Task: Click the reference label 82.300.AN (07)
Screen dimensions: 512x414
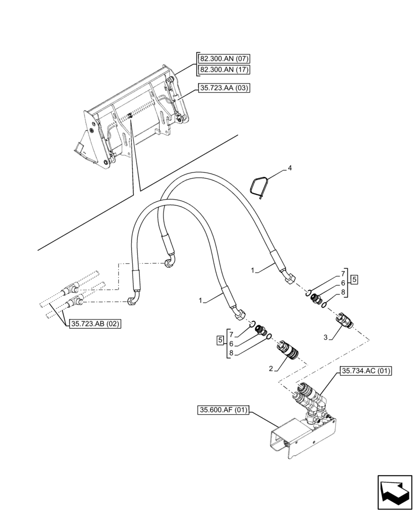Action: click(223, 59)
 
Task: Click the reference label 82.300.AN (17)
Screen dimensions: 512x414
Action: click(223, 69)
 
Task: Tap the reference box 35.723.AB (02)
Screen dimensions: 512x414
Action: click(95, 324)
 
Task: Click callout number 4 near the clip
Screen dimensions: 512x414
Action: click(289, 167)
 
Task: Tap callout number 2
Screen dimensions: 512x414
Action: click(270, 368)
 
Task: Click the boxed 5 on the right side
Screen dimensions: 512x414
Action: click(354, 280)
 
